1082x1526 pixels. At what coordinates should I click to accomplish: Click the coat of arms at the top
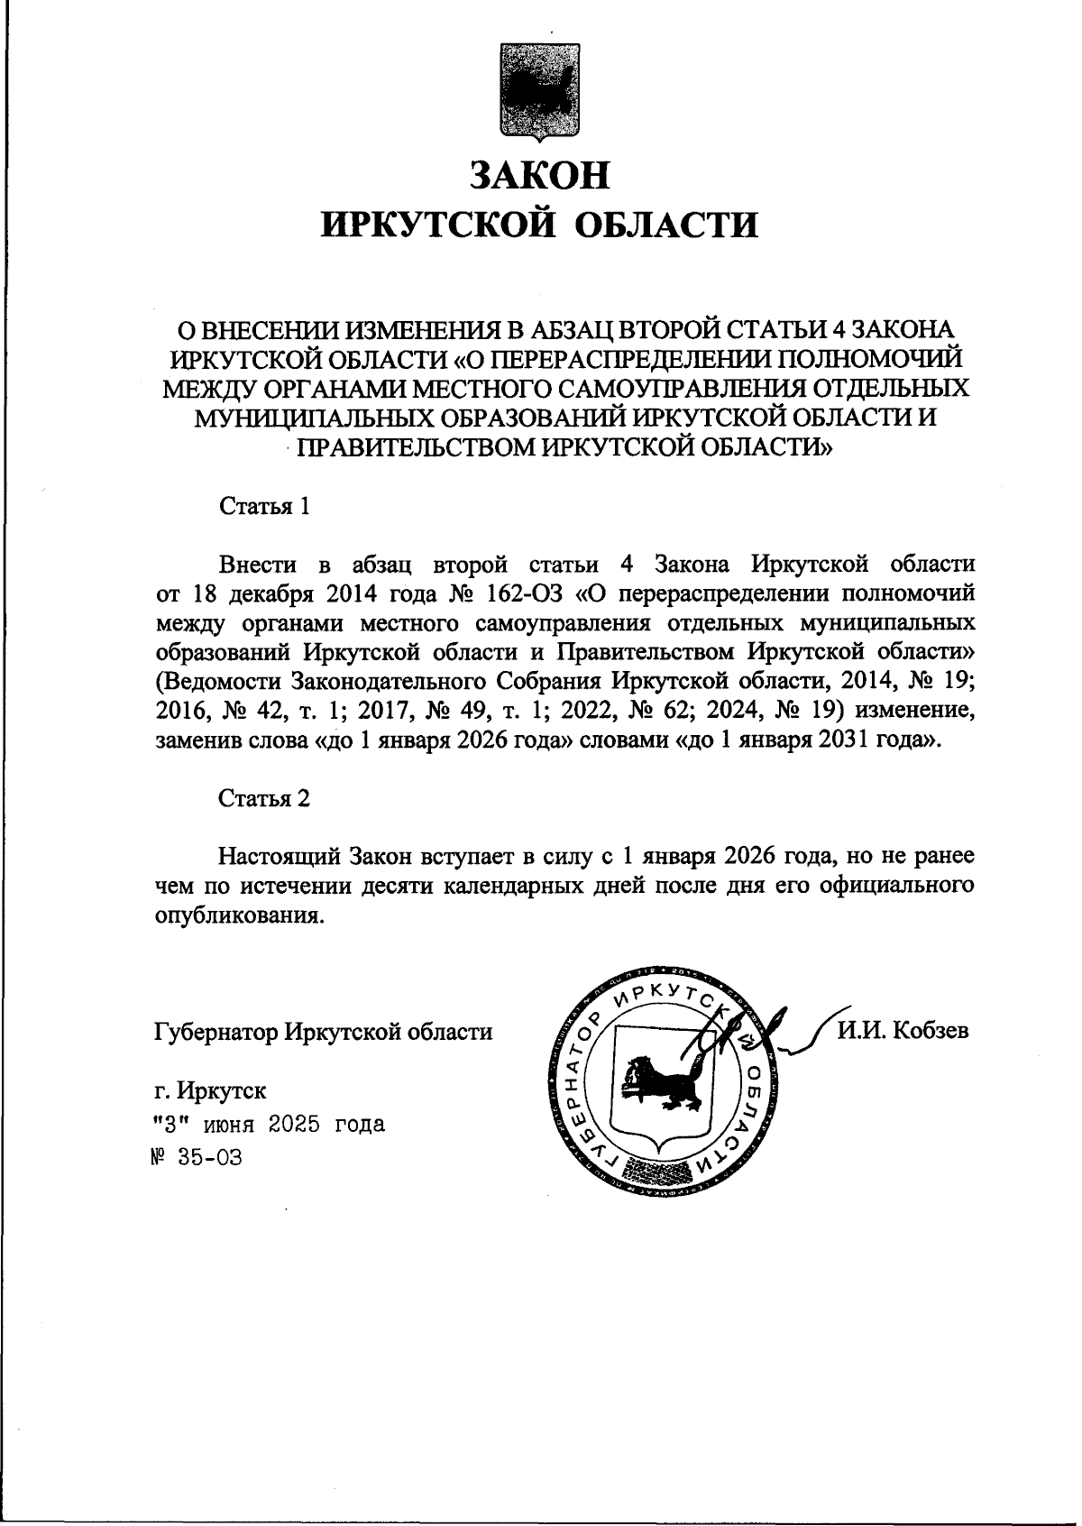point(540,92)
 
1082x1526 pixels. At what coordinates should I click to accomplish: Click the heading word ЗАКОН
point(540,175)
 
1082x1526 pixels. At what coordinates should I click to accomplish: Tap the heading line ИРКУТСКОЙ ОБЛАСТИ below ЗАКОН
point(540,224)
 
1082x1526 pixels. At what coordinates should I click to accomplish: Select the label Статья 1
point(265,506)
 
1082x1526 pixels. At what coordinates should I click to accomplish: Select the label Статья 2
point(265,798)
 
